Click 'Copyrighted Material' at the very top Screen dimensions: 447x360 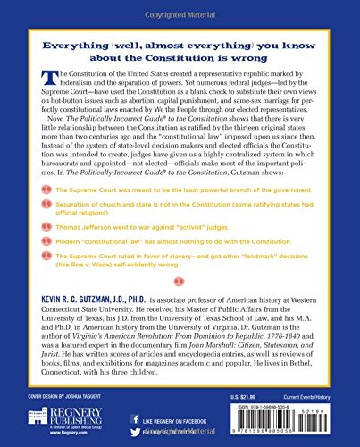point(180,5)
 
